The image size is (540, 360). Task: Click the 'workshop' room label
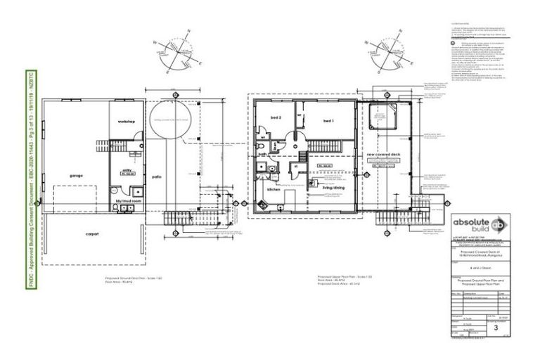pyautogui.click(x=127, y=122)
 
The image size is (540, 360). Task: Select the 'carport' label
pyautogui.click(x=93, y=234)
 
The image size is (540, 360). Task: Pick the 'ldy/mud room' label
pyautogui.click(x=128, y=200)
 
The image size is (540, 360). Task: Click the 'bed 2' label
pyautogui.click(x=276, y=117)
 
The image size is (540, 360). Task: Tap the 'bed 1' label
pyautogui.click(x=328, y=121)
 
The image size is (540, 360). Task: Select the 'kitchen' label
pyautogui.click(x=274, y=191)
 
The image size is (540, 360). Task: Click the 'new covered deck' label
pyautogui.click(x=384, y=153)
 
